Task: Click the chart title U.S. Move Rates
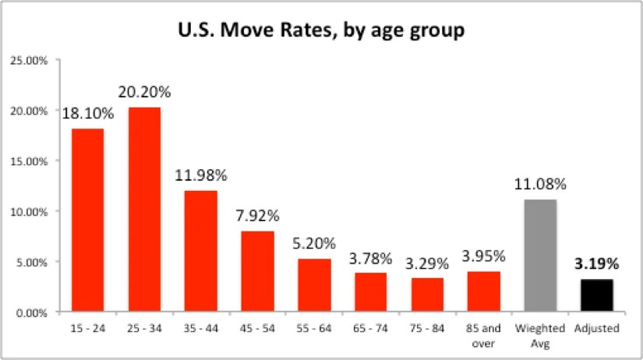click(321, 33)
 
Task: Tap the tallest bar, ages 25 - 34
click(144, 210)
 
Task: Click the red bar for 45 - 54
click(257, 271)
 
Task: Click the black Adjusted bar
click(597, 295)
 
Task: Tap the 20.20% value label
click(144, 92)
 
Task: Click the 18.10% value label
click(88, 113)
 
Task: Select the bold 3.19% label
click(597, 263)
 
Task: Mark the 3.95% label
click(484, 256)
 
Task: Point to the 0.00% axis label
click(33, 313)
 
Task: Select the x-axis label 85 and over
click(484, 335)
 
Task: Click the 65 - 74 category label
click(370, 329)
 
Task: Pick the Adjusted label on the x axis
click(597, 329)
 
